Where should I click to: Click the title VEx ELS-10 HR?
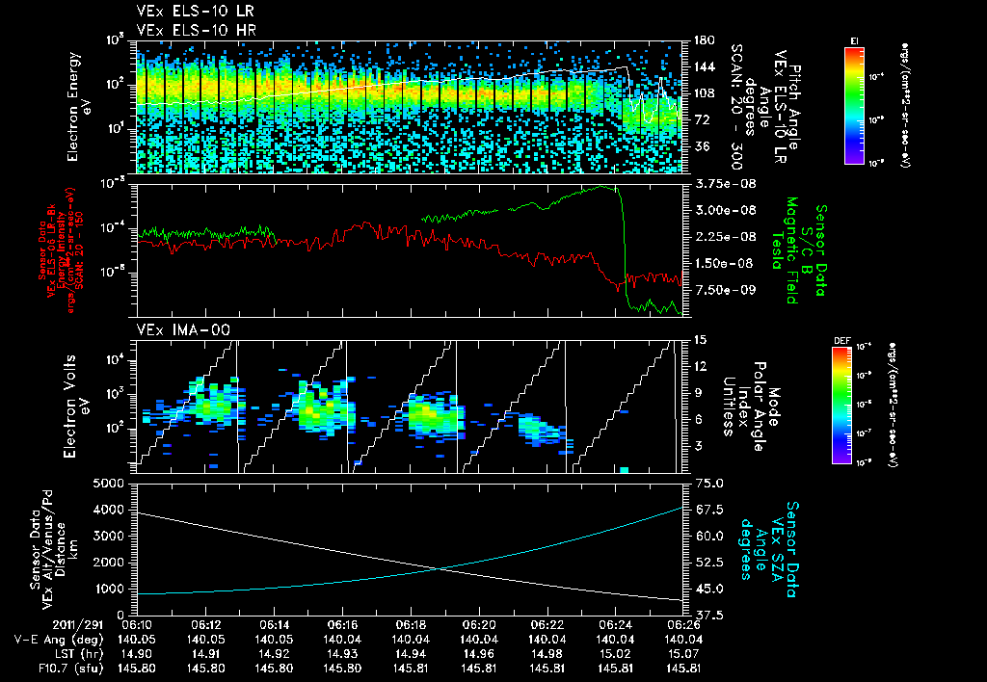[185, 30]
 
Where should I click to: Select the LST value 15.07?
[681, 652]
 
